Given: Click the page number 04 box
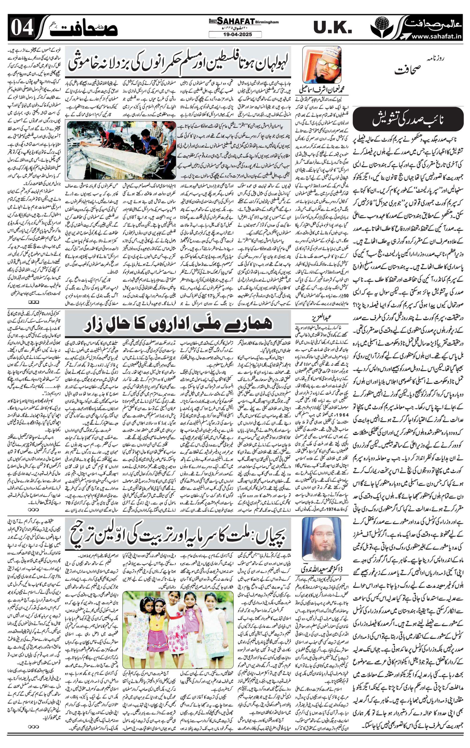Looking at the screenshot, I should [22, 28].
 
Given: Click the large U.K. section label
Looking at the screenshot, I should [333, 28].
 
